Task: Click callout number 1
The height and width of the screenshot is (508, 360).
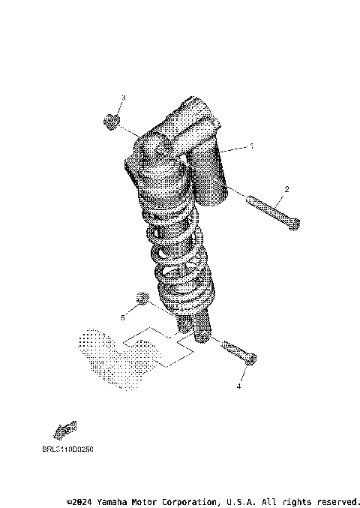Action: click(252, 146)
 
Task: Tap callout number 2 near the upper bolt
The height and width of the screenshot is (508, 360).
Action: click(286, 189)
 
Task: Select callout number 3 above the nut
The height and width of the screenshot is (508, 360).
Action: click(124, 98)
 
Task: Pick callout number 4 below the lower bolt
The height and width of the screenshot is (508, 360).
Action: click(238, 387)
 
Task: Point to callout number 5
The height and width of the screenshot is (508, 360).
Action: click(122, 317)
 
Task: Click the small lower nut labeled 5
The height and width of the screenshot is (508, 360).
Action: click(139, 300)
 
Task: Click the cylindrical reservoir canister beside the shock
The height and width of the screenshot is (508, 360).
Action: click(212, 174)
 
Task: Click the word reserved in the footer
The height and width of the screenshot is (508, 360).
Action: click(337, 501)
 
